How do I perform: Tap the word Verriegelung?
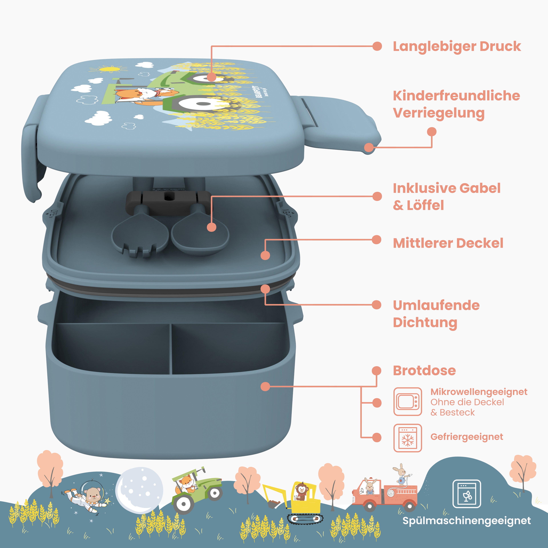point(439,113)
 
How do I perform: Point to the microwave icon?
point(408,402)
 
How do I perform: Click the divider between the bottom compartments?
point(171,349)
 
